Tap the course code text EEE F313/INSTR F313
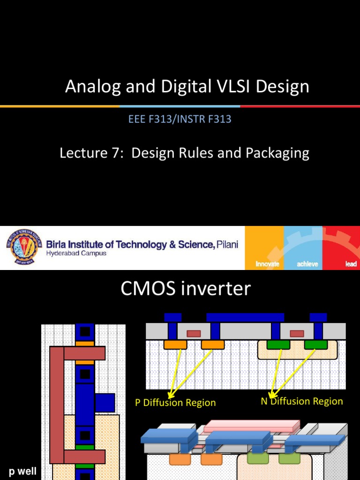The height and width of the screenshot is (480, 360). coord(180,119)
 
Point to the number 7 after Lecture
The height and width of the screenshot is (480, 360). coord(117,153)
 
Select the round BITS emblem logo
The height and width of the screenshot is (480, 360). coord(22,247)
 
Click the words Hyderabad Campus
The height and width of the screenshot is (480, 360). coord(76,254)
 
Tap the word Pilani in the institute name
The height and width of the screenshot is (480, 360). coord(227,244)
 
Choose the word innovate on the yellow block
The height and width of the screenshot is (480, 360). coord(267,264)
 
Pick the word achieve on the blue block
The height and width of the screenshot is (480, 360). coord(307,264)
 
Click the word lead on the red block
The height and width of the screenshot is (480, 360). coord(351,264)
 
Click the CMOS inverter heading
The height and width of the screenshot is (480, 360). coord(186,289)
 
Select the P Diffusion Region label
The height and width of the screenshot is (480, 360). coord(175,403)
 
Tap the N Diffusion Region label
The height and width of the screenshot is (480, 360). coord(302,401)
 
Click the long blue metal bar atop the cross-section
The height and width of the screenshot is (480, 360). coord(245,317)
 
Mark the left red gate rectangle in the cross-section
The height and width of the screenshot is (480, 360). coord(194,334)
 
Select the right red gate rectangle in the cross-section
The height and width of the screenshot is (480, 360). coord(297,334)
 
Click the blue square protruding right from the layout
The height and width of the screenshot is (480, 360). coord(105,403)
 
